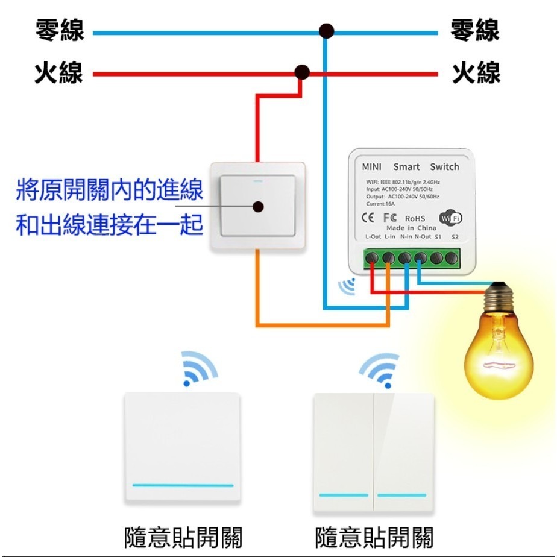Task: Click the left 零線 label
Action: click(59, 31)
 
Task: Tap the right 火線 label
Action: click(476, 74)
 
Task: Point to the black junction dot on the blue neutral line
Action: click(327, 31)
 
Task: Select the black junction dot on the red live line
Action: click(302, 73)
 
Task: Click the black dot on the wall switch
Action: click(259, 207)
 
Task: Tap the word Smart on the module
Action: click(406, 167)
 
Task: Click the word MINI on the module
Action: click(371, 167)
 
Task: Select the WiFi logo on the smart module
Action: click(450, 218)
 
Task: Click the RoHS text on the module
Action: click(415, 218)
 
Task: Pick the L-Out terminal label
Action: click(373, 237)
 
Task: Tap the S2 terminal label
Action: click(455, 237)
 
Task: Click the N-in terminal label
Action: click(405, 237)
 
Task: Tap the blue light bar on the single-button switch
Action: click(182, 485)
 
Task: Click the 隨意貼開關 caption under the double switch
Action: click(374, 537)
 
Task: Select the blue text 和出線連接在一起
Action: click(109, 227)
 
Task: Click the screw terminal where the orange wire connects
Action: click(389, 259)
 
